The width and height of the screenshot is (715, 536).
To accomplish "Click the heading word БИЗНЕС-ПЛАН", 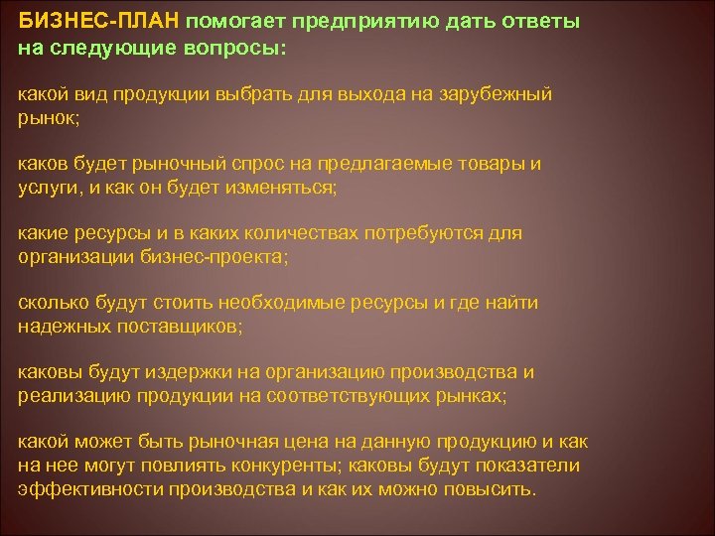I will pyautogui.click(x=97, y=21).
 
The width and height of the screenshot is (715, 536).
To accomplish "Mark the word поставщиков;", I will pyautogui.click(x=183, y=326).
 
